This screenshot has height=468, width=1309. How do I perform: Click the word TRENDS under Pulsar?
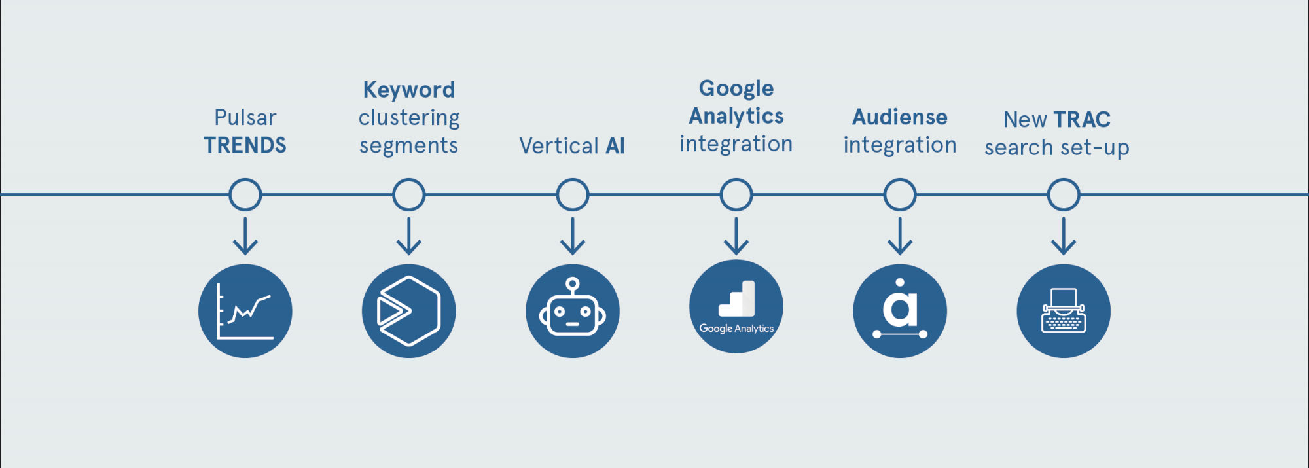coord(245,145)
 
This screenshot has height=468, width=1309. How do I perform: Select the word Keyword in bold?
coord(409,90)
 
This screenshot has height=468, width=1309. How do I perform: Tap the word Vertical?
coord(559,146)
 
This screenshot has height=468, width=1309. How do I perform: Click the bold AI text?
coord(615,146)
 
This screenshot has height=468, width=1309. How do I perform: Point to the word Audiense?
coord(900,117)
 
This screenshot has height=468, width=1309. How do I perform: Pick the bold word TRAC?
coord(1083,120)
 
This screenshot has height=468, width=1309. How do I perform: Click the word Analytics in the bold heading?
coord(736,117)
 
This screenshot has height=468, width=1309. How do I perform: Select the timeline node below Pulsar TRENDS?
coord(245,194)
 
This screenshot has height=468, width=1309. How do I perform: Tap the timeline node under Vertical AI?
coord(573,194)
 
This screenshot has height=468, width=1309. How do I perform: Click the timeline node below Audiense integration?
coord(900,194)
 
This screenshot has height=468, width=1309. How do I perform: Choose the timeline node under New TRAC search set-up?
coord(1064,194)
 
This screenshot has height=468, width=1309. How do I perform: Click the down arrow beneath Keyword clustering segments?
coord(409,236)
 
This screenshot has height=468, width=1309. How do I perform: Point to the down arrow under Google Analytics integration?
coord(736,236)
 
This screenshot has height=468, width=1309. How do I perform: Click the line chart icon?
coord(245,311)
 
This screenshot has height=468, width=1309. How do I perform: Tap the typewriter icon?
coord(1064,311)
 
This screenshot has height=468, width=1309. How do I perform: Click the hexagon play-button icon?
coord(409,311)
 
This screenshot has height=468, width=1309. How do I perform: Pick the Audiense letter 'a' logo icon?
coord(900,311)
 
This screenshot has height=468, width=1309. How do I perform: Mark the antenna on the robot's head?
coord(573,285)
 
